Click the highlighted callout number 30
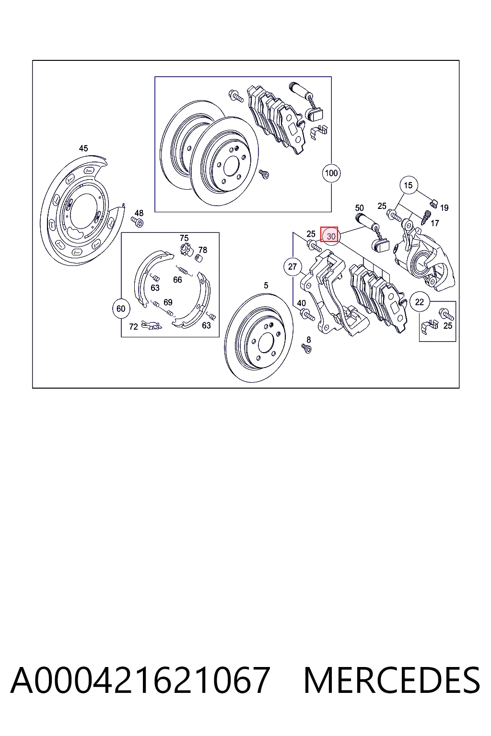(329, 236)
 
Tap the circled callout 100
(331, 173)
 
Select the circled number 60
(121, 309)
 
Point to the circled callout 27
(292, 266)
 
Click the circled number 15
(408, 185)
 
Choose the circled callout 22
(419, 301)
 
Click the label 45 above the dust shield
(83, 149)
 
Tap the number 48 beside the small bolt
(139, 213)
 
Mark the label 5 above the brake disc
(266, 286)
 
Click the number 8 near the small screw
(308, 340)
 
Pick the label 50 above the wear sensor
(360, 208)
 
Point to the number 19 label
(444, 207)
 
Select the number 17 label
(435, 223)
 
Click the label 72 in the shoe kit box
(133, 327)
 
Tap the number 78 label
(202, 250)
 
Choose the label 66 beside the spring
(177, 280)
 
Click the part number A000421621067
(140, 680)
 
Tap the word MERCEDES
(392, 680)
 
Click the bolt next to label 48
(138, 222)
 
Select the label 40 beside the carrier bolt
(301, 303)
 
